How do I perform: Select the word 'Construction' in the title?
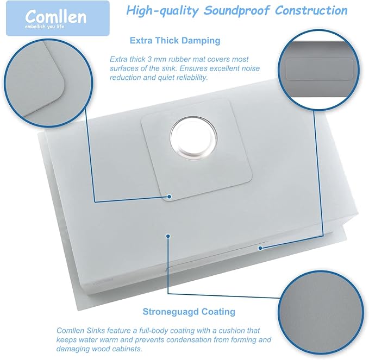[311, 10]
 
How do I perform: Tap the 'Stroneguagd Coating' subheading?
[189, 312]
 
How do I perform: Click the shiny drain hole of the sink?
[193, 137]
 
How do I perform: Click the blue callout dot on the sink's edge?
[260, 248]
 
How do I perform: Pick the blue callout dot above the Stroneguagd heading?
[167, 236]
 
